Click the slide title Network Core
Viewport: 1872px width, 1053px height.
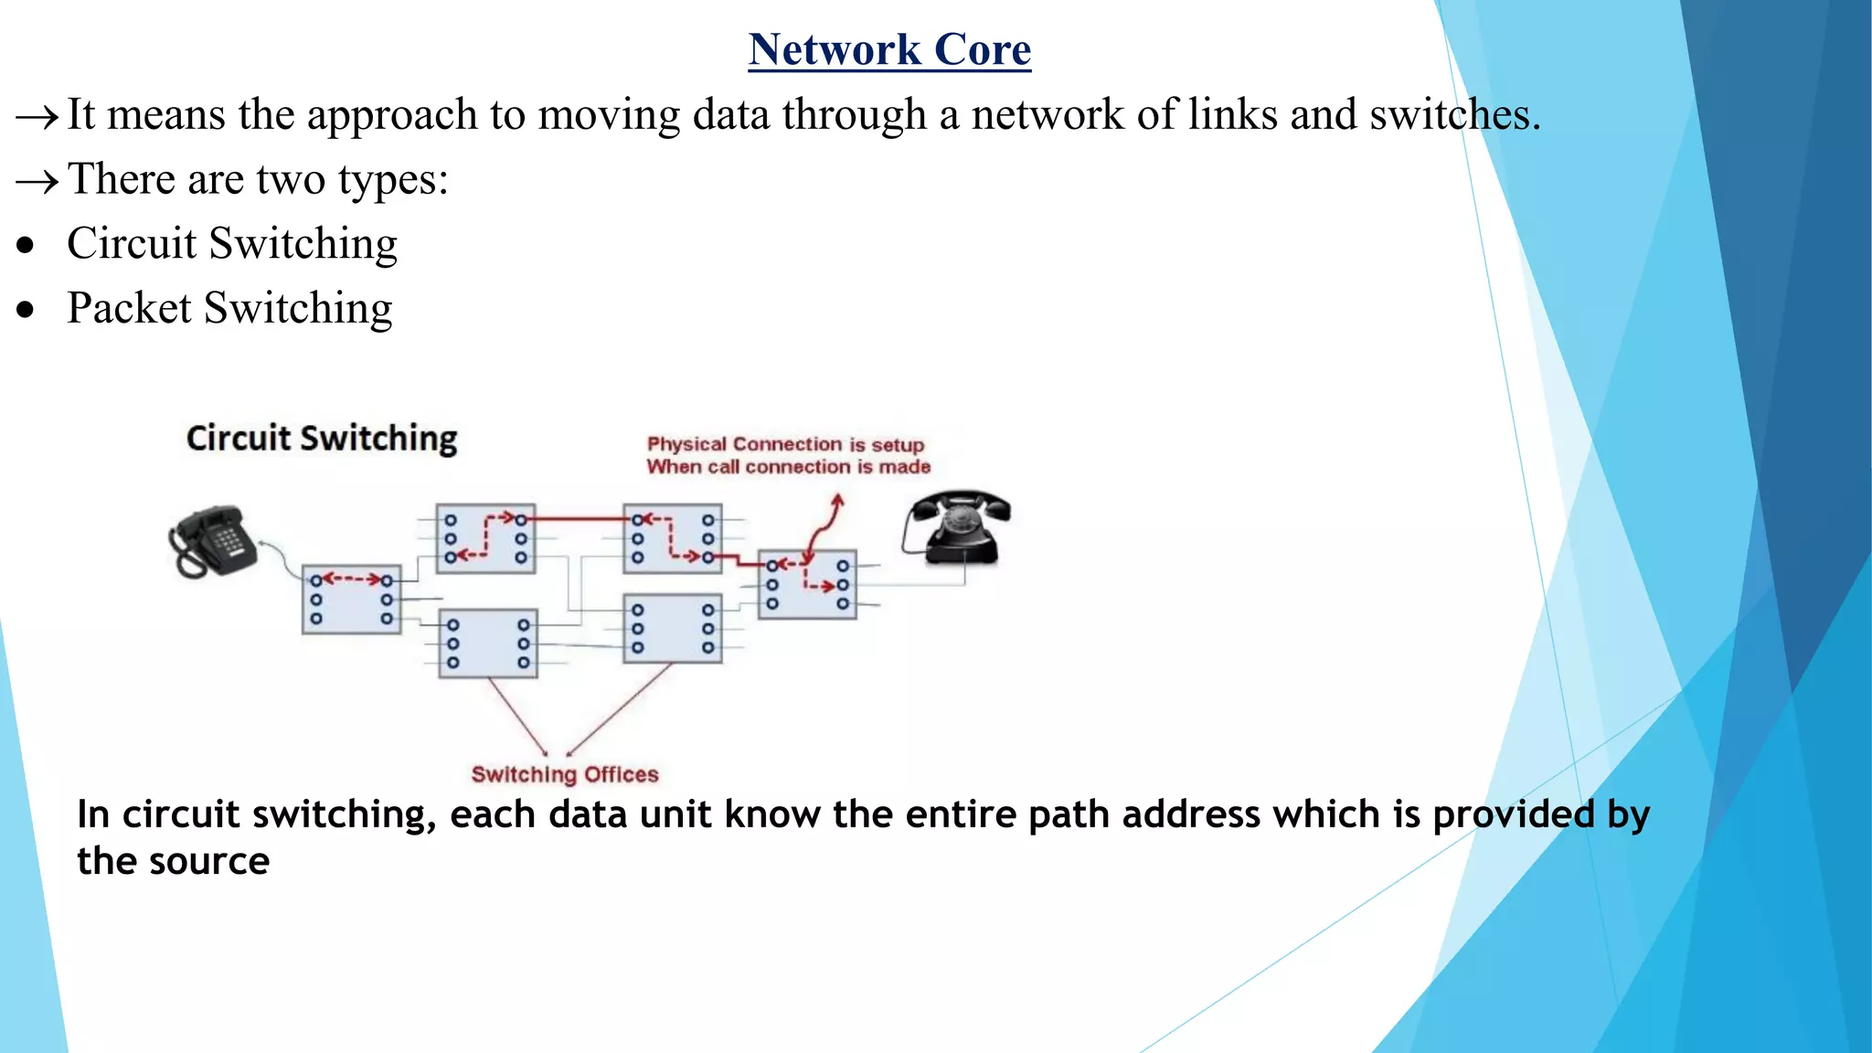(889, 49)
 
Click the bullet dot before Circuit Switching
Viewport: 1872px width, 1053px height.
(27, 245)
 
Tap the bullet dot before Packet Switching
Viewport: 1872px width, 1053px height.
(27, 310)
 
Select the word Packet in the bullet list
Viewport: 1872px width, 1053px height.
(129, 308)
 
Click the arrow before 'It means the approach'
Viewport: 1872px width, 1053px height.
(37, 117)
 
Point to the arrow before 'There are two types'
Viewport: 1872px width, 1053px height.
(37, 181)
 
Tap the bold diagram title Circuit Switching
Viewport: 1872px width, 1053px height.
(322, 439)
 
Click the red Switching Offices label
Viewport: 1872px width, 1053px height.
(565, 774)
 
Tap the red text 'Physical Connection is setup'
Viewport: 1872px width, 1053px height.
(785, 444)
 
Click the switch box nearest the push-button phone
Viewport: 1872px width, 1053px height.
(352, 600)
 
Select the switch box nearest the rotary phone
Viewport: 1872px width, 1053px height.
(807, 584)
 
